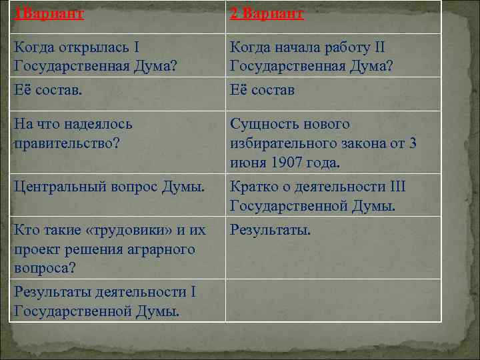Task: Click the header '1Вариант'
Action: [x=49, y=14]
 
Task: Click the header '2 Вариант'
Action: [x=267, y=14]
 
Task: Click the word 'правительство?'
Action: [x=65, y=143]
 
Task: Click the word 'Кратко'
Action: [x=253, y=187]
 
